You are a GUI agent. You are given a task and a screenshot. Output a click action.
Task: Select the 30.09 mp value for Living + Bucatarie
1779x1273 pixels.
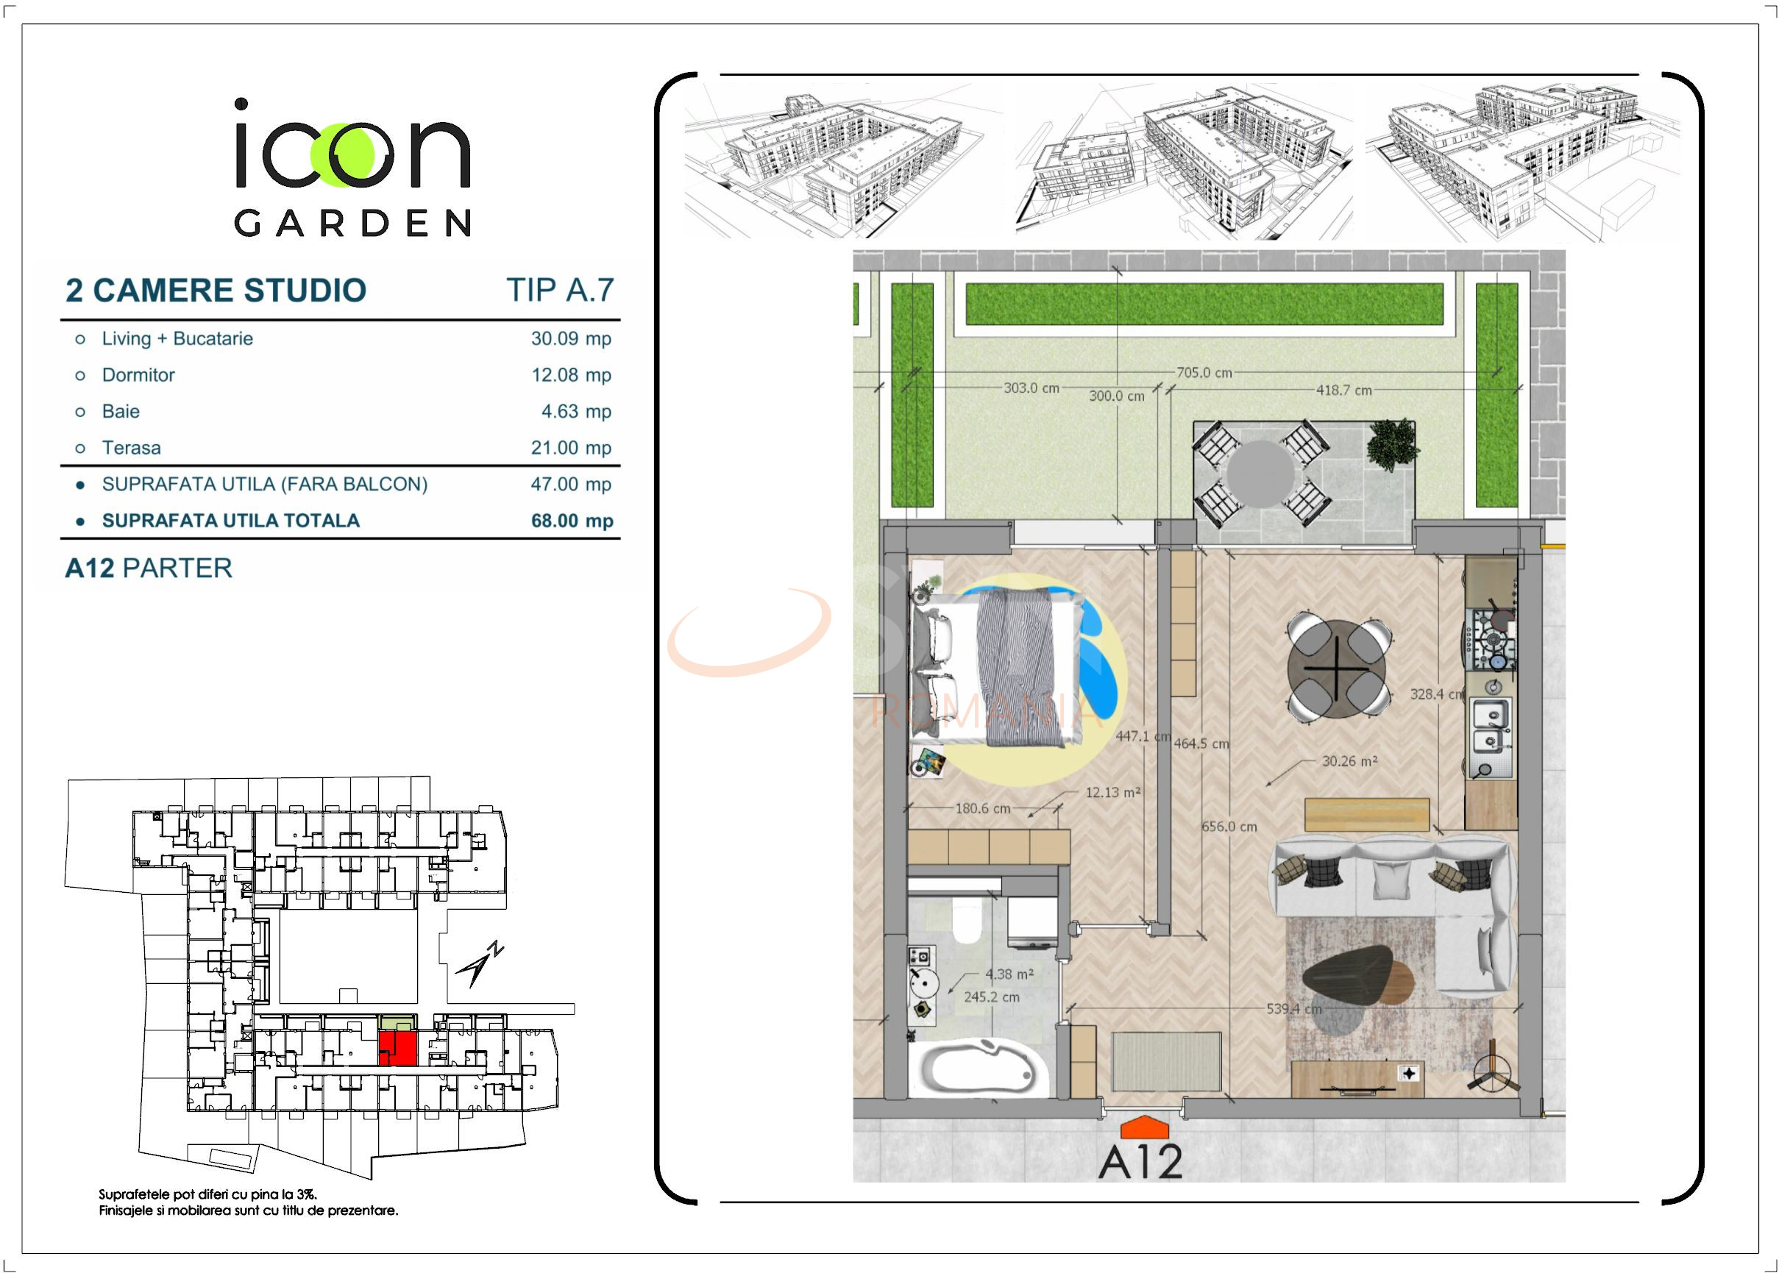tap(571, 338)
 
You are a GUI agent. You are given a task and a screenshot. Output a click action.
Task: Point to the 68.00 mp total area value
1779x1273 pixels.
tap(572, 521)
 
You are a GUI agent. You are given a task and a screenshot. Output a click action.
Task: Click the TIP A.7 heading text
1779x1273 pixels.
tap(560, 290)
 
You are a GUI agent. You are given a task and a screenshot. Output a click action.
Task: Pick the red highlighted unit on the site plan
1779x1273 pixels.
tap(397, 1047)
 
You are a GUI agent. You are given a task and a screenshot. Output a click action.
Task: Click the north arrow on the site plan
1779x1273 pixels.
tap(479, 965)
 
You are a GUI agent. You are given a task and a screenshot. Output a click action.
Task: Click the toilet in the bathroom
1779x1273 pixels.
tap(966, 921)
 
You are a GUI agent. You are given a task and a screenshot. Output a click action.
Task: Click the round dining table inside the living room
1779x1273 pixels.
tap(1336, 668)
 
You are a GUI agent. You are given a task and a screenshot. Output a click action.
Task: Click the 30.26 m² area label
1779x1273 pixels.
tap(1349, 761)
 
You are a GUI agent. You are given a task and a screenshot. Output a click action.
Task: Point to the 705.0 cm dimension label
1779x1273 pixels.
tap(1204, 373)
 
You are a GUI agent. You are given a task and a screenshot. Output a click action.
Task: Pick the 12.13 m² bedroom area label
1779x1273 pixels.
tap(1112, 793)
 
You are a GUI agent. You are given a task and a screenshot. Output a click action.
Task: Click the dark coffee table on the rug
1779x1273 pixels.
tap(1349, 976)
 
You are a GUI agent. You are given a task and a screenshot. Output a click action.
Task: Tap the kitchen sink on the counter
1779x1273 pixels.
tap(1490, 725)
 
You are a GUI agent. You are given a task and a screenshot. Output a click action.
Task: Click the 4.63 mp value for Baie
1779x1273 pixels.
tap(576, 412)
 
